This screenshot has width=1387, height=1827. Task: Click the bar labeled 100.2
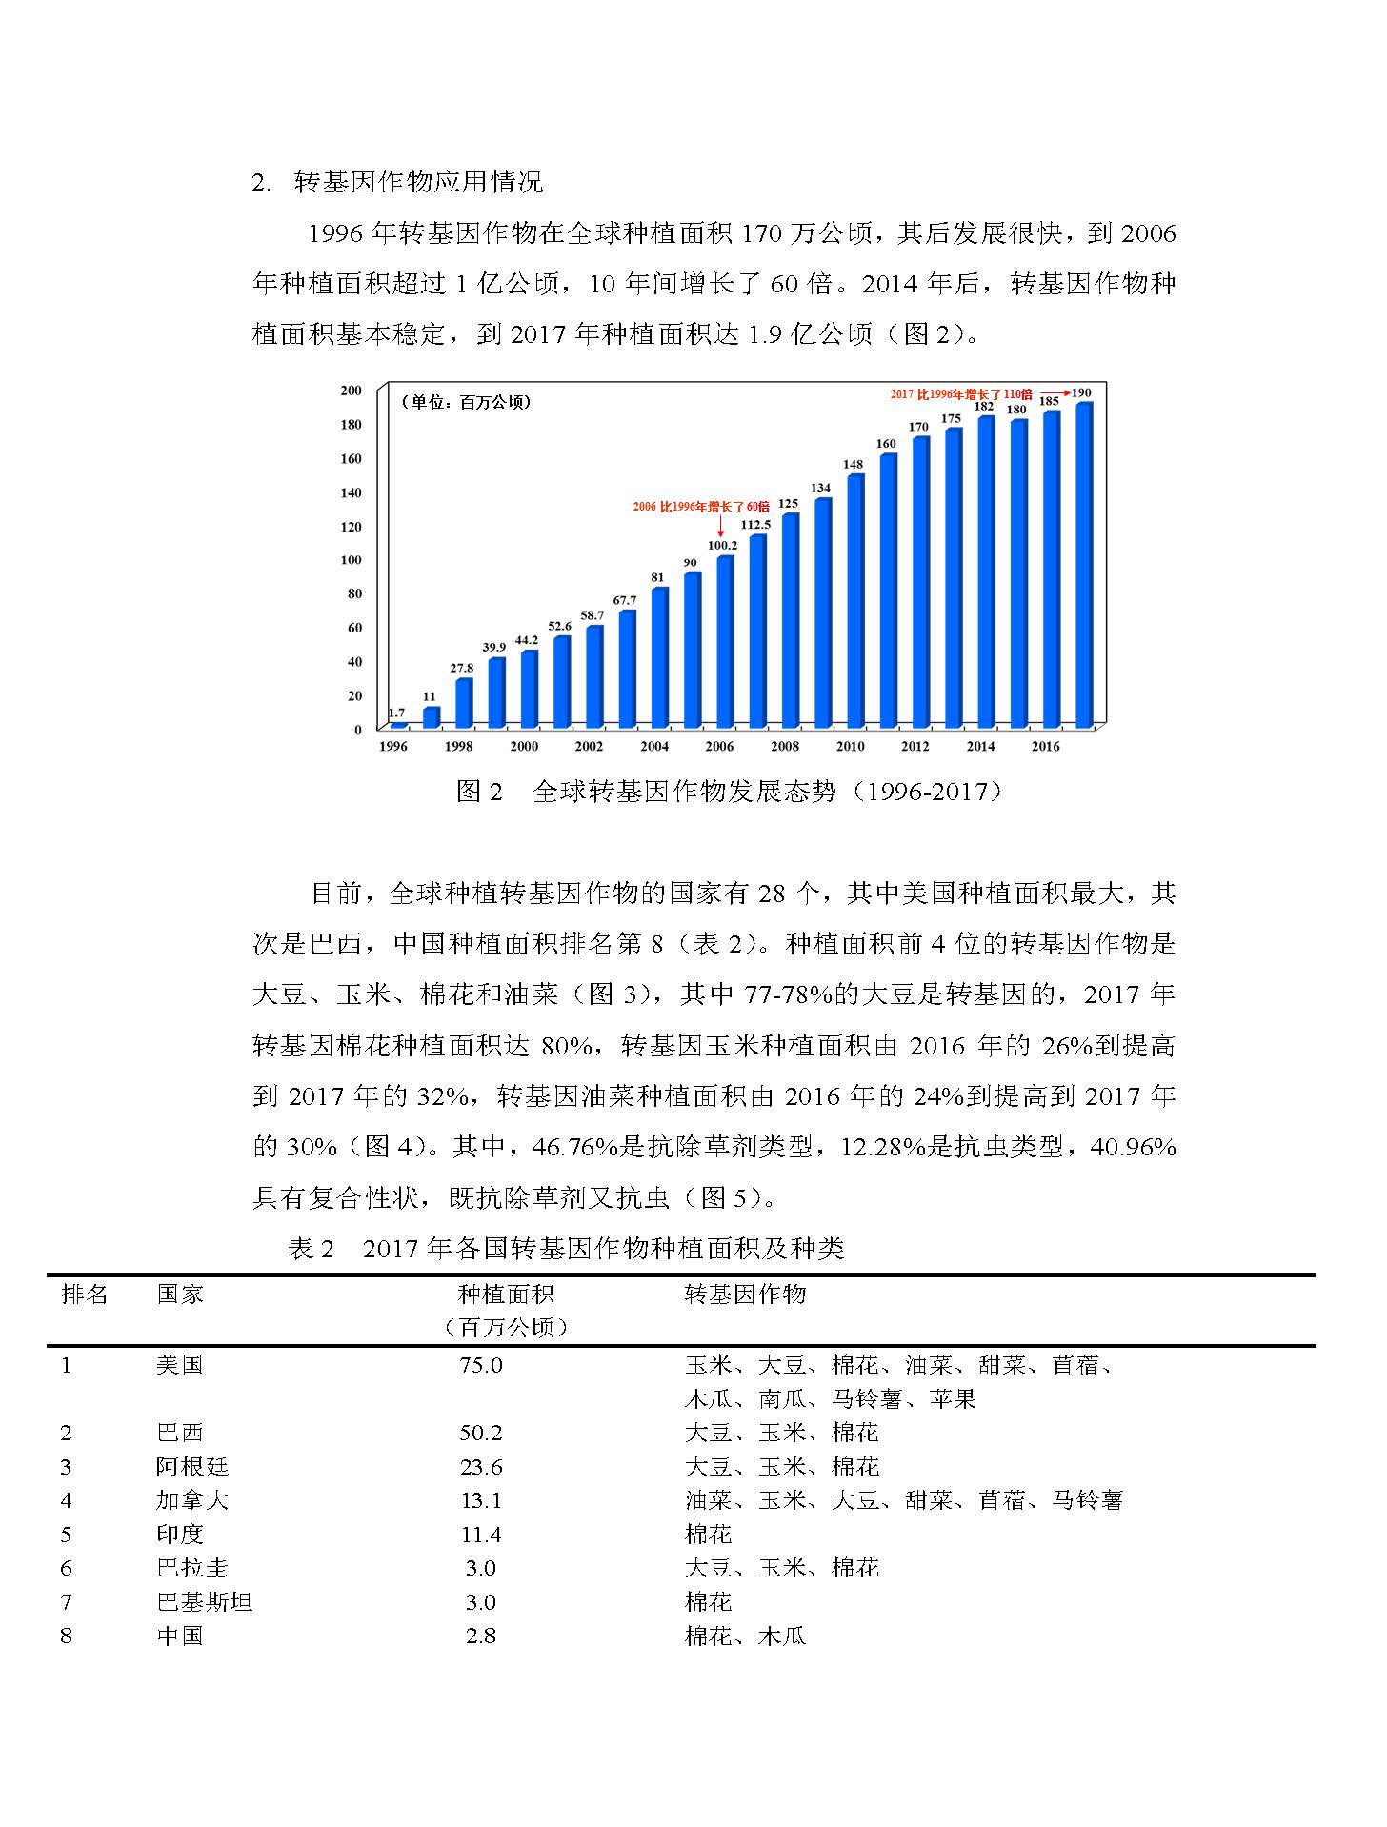[725, 641]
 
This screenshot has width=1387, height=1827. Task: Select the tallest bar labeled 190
[1084, 565]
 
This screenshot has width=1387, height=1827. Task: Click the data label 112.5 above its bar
[755, 525]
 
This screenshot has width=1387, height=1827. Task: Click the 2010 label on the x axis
[850, 747]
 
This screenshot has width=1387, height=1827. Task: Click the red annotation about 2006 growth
[700, 507]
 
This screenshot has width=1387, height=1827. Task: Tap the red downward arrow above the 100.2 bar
[720, 526]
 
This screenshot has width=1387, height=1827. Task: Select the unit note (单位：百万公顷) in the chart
[466, 402]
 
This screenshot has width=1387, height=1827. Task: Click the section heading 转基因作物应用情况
[419, 182]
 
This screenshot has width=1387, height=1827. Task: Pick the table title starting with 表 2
[566, 1249]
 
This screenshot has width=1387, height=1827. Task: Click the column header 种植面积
[506, 1295]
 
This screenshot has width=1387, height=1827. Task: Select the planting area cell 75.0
[481, 1365]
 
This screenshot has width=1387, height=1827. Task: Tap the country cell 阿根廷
[192, 1467]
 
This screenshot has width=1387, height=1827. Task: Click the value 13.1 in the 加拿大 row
[481, 1500]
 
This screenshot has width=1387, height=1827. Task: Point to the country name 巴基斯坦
[205, 1602]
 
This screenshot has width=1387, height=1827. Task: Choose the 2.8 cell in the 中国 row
[481, 1636]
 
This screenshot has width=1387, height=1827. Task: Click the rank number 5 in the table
[66, 1535]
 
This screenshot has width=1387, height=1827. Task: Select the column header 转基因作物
[745, 1295]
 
